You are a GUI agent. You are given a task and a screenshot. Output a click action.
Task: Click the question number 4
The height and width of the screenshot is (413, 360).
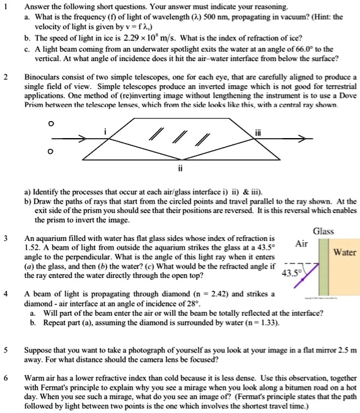(x=5, y=294)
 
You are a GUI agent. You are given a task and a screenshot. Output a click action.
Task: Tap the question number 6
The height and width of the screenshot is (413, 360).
(x=5, y=379)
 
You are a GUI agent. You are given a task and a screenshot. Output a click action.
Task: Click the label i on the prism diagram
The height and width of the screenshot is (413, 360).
(x=107, y=132)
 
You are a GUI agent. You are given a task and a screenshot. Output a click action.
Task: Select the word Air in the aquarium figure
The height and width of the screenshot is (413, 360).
(x=301, y=244)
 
